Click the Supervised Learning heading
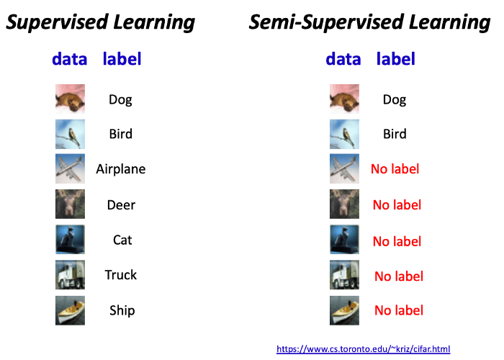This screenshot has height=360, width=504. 100,22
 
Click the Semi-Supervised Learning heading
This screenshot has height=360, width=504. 369,22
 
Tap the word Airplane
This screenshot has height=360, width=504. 121,169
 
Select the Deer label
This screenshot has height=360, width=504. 121,204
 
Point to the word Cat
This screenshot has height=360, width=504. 122,240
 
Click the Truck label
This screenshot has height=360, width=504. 121,275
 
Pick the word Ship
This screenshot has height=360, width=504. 122,310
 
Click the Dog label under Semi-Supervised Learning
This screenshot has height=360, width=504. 395,100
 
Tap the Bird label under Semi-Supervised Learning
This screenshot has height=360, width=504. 395,134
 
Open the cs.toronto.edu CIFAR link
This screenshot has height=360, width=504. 363,348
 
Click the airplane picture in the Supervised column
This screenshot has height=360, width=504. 70,168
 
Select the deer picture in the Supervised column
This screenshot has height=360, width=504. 70,204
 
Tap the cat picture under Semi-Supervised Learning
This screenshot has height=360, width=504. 344,240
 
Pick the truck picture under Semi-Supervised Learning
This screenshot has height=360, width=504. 344,275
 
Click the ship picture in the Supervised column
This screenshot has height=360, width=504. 70,310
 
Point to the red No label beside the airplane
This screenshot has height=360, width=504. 395,169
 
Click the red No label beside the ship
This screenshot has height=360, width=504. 399,310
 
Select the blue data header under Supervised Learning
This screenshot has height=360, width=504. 69,60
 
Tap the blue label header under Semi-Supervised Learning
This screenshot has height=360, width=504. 396,60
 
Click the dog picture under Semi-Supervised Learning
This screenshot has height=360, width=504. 344,99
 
